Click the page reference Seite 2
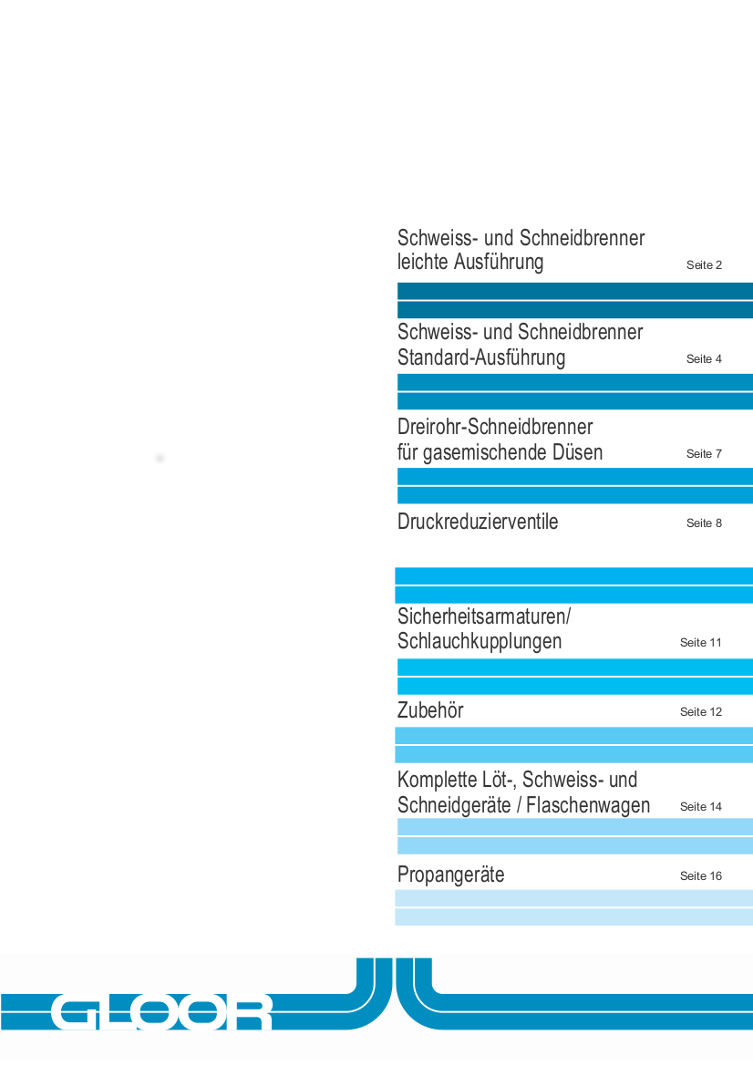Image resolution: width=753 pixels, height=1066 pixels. (704, 265)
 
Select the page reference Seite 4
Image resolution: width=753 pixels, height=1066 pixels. (704, 359)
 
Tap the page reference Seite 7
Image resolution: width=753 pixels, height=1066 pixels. (704, 454)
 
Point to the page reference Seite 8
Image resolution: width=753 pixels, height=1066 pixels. (704, 523)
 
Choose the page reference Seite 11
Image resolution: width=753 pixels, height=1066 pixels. (700, 643)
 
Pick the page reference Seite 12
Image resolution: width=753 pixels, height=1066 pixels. (700, 712)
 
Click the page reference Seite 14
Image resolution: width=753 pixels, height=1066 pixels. (700, 807)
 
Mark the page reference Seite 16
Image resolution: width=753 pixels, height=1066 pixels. (700, 876)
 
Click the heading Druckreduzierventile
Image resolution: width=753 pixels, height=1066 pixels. (478, 523)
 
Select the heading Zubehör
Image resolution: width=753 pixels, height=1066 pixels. (430, 710)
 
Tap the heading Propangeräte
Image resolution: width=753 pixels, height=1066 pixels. (450, 875)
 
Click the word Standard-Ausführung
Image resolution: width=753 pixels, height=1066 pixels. (481, 357)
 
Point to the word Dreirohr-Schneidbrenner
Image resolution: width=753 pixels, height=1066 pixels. (495, 427)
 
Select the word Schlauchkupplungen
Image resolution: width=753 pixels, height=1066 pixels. (480, 641)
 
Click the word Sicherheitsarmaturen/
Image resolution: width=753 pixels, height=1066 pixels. (484, 616)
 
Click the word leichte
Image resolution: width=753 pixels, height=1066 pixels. (423, 263)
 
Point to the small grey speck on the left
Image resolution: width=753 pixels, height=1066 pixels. (160, 458)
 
